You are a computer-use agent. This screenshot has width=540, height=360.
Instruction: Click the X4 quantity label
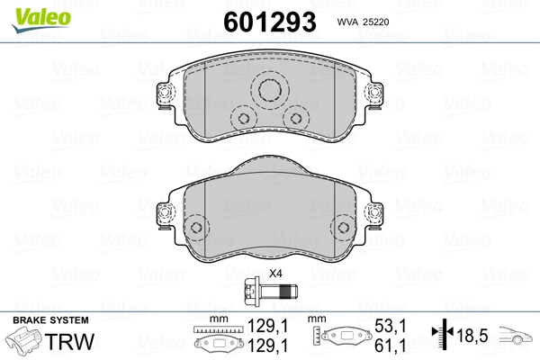[x=275, y=274]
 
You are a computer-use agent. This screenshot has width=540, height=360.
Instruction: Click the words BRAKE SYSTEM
[x=49, y=321]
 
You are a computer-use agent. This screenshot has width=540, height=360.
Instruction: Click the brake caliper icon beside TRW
[x=27, y=344]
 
